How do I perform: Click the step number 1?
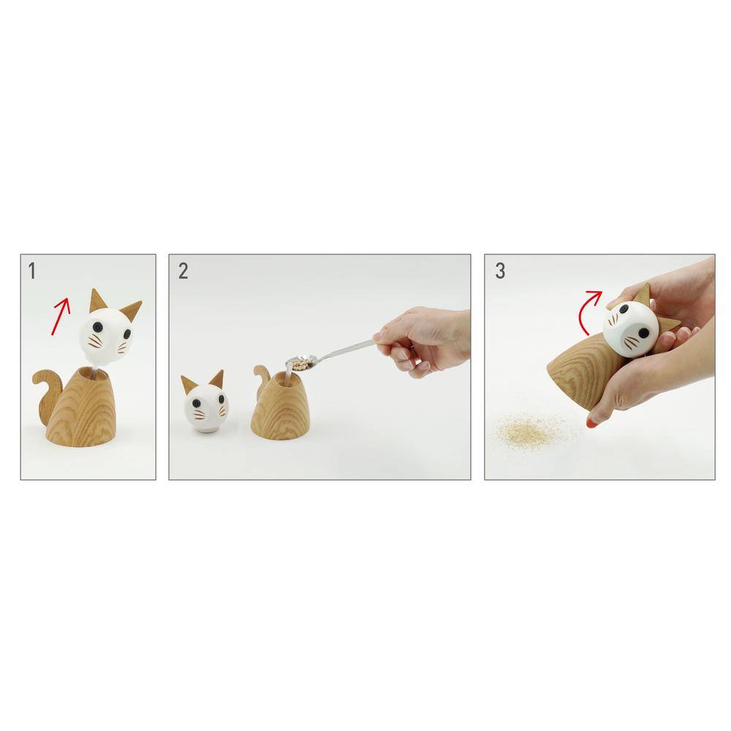point(31,271)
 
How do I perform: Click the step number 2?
point(183,271)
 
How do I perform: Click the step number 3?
point(500,271)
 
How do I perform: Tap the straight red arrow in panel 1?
point(61,316)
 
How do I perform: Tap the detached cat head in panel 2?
point(205,404)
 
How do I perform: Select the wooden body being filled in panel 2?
point(280,406)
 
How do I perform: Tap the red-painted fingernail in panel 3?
point(591,423)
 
